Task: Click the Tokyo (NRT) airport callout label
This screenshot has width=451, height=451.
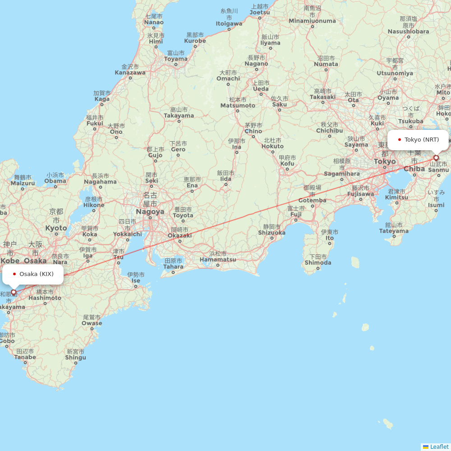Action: click(x=418, y=140)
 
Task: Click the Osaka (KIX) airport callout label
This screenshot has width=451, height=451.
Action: click(x=33, y=274)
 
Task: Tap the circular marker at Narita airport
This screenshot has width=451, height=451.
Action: click(x=436, y=158)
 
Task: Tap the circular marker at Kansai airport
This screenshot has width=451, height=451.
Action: click(x=14, y=292)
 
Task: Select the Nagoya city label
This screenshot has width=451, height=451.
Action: click(x=150, y=212)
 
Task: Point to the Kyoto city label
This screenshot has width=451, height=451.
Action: click(x=56, y=228)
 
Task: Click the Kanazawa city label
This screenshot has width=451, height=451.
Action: click(x=130, y=72)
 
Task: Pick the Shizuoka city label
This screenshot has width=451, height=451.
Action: click(x=272, y=233)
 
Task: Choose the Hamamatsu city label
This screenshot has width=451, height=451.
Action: click(x=217, y=259)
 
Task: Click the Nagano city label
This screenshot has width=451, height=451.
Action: click(x=256, y=64)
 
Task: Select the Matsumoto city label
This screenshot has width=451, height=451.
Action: click(x=238, y=106)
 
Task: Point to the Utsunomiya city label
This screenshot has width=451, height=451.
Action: click(x=395, y=73)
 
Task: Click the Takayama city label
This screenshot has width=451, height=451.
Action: click(x=179, y=115)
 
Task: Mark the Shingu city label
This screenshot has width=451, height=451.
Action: click(x=75, y=358)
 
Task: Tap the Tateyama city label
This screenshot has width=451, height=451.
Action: click(x=394, y=231)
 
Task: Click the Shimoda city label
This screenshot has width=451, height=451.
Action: click(x=318, y=262)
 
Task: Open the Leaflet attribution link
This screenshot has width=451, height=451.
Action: click(x=439, y=447)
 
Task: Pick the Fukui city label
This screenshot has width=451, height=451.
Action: click(x=95, y=123)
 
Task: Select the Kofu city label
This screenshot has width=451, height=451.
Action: click(x=287, y=163)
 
